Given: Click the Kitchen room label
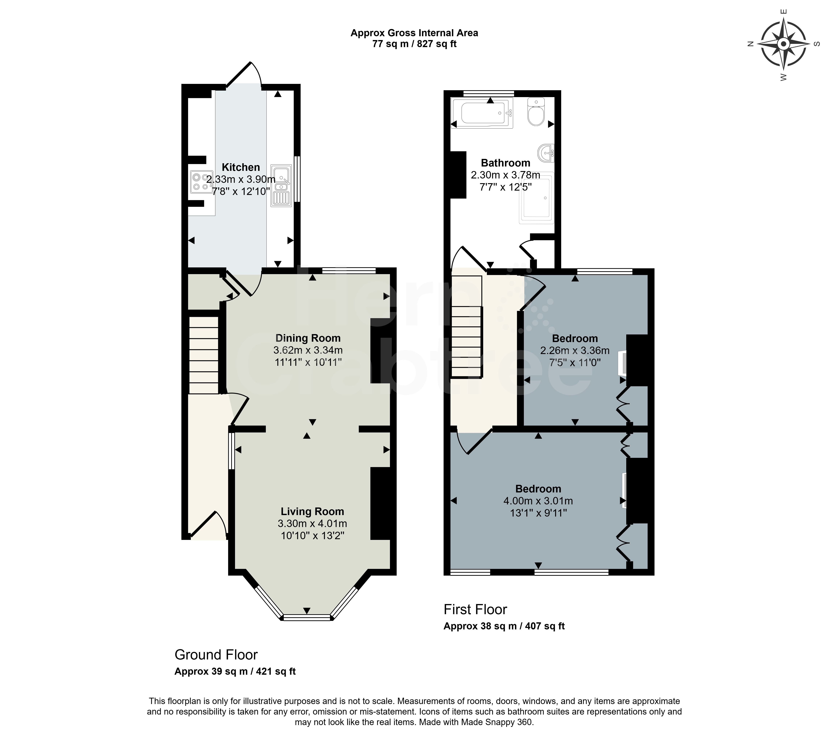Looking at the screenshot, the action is (241, 167).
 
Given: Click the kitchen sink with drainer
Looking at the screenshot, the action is (281, 185).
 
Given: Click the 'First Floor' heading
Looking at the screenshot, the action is (475, 609).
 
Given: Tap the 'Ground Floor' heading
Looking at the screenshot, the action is (216, 655).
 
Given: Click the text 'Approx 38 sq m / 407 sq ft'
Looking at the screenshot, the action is (504, 626).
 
